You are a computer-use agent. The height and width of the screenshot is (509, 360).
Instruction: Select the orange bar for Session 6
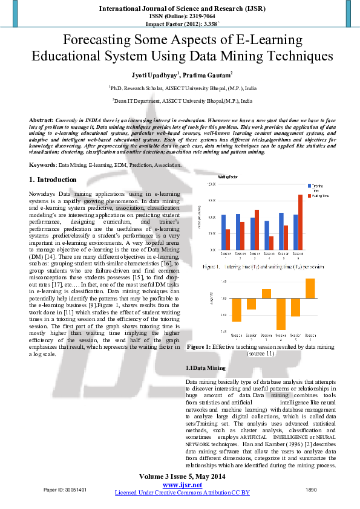(310, 288)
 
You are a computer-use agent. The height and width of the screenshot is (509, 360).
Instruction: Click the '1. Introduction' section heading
(53, 180)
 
